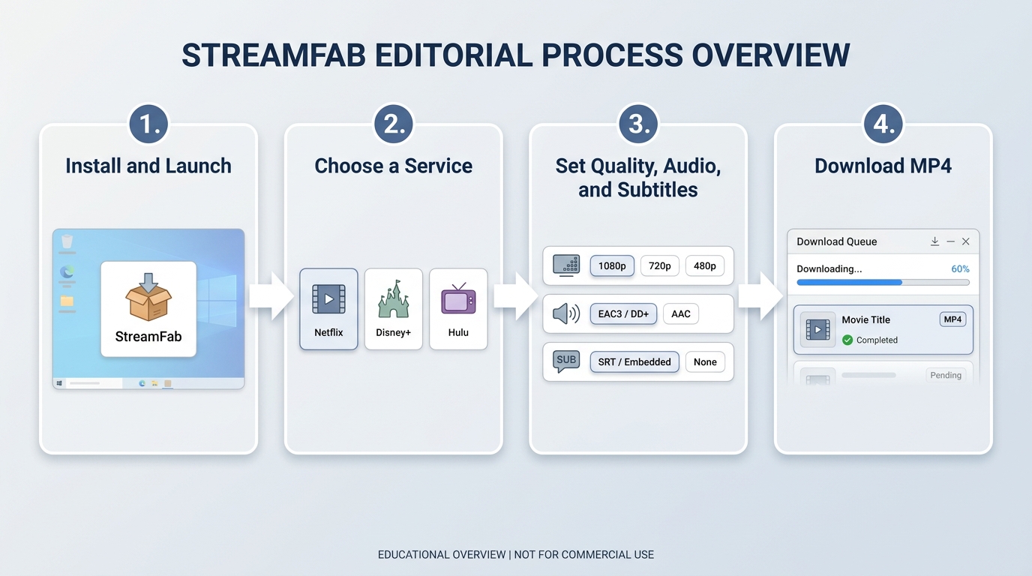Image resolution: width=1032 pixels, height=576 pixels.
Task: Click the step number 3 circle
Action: point(638,124)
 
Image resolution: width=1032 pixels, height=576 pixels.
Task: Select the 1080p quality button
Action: point(612,266)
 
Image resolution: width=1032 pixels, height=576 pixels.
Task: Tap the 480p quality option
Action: point(705,266)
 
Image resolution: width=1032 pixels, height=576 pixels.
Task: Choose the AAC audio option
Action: point(680,313)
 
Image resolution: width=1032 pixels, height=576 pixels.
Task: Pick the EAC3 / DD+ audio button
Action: point(623,313)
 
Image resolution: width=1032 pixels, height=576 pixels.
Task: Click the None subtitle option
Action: point(705,361)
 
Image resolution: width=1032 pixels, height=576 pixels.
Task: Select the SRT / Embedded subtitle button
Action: point(634,361)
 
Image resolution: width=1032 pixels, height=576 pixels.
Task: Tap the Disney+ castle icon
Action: point(394,298)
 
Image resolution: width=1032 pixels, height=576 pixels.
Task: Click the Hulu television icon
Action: point(458,298)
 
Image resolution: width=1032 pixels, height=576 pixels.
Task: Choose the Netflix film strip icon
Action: point(328,299)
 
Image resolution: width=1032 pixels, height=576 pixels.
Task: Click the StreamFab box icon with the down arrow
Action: point(148,296)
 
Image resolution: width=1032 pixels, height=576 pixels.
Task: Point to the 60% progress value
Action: point(960,268)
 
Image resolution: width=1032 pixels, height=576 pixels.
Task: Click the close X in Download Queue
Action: point(966,241)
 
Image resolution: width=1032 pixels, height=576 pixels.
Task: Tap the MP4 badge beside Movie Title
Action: point(952,319)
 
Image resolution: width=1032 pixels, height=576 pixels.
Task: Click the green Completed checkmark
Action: point(847,340)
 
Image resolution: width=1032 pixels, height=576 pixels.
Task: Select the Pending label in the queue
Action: point(946,375)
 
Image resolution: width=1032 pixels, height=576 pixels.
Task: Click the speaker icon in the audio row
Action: point(566,313)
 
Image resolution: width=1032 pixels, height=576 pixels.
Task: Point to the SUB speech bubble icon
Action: point(566,361)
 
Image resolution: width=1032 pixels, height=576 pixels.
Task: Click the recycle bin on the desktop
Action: point(67,241)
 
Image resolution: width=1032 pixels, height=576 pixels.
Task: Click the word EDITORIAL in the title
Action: point(453,55)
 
